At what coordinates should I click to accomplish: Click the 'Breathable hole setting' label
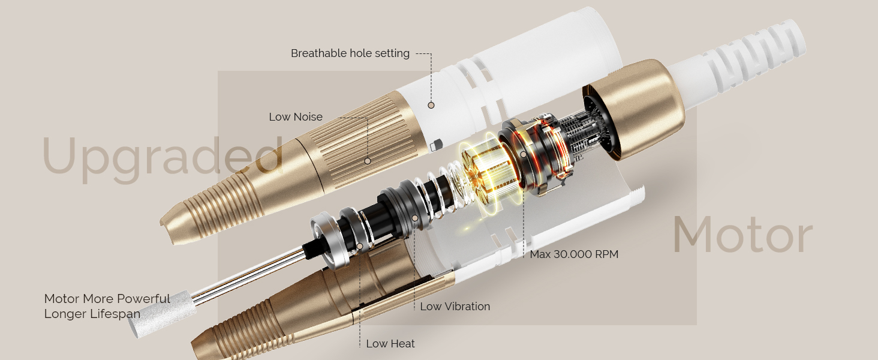(x=350, y=53)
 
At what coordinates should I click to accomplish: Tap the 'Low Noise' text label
(x=296, y=117)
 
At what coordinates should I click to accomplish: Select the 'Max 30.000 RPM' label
(x=574, y=254)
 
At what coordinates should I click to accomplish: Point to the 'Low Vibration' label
(x=455, y=307)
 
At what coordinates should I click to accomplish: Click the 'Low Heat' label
(x=390, y=344)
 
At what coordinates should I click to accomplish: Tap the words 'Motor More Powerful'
(x=107, y=299)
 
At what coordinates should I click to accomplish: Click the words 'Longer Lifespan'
(x=92, y=314)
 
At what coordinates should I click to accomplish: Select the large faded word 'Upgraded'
(x=163, y=158)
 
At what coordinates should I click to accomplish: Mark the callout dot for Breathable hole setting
(x=431, y=105)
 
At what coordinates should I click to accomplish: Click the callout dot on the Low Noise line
(x=367, y=161)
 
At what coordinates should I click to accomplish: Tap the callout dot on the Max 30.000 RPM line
(x=524, y=155)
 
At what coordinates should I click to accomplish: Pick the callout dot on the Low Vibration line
(x=414, y=218)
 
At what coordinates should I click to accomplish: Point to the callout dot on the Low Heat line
(x=359, y=246)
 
